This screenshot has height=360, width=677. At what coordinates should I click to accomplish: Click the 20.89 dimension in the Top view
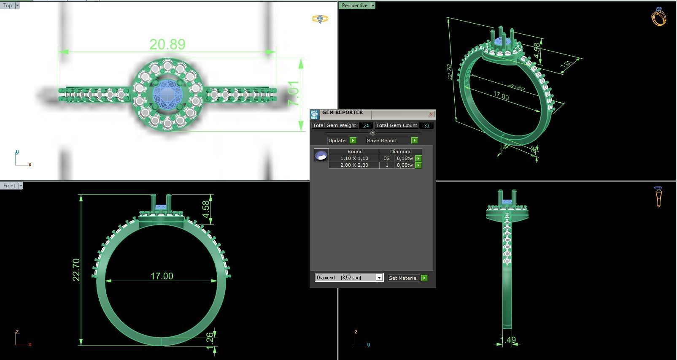(x=167, y=44)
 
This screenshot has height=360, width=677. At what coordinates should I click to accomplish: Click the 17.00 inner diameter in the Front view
(x=162, y=276)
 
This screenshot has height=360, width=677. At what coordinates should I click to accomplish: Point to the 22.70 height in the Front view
(x=76, y=270)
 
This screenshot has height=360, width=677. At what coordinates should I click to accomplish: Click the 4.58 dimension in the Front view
(x=206, y=209)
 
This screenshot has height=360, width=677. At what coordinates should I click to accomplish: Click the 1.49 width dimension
(x=507, y=340)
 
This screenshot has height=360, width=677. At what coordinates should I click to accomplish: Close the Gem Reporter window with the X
(x=431, y=114)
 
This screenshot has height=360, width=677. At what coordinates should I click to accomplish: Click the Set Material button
(x=403, y=278)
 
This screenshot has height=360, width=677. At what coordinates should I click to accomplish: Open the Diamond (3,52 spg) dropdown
(x=379, y=278)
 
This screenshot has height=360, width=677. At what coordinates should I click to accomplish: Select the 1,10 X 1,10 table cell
(x=354, y=158)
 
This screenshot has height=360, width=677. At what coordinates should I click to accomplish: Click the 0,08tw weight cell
(x=405, y=165)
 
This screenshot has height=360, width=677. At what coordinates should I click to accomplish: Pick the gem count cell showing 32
(x=386, y=158)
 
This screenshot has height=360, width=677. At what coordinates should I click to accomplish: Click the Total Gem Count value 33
(x=426, y=125)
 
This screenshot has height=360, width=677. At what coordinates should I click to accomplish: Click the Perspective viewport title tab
(x=354, y=5)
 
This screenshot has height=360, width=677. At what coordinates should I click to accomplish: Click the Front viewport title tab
(x=9, y=186)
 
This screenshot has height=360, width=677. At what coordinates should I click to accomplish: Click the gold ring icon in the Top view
(x=320, y=19)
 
